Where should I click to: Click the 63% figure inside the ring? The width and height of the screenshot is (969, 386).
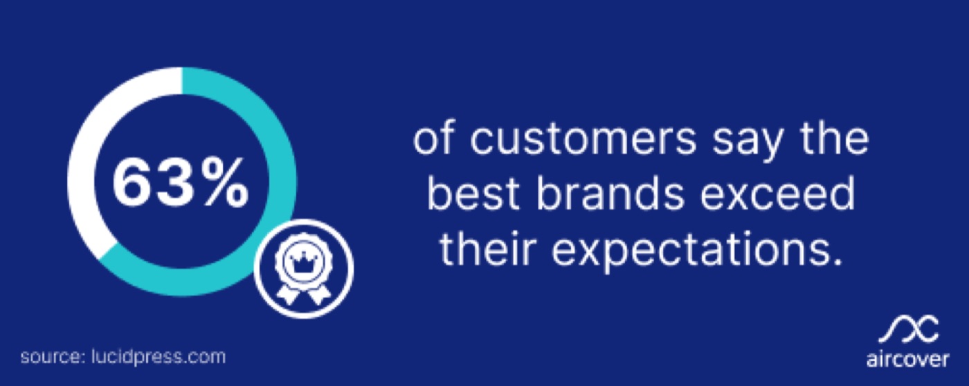(181, 183)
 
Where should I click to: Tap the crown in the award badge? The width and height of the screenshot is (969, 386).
(303, 261)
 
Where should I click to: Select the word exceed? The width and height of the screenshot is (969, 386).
(777, 194)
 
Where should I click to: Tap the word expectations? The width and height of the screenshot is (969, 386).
(698, 250)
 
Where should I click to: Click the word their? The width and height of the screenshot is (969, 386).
(487, 248)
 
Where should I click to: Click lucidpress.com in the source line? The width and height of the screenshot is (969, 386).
(159, 357)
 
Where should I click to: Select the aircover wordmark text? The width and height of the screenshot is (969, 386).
(907, 360)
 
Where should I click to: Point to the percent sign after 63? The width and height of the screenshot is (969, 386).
(226, 183)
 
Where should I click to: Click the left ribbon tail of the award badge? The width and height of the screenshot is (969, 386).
(288, 293)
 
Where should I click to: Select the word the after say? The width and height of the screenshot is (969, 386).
(835, 138)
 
